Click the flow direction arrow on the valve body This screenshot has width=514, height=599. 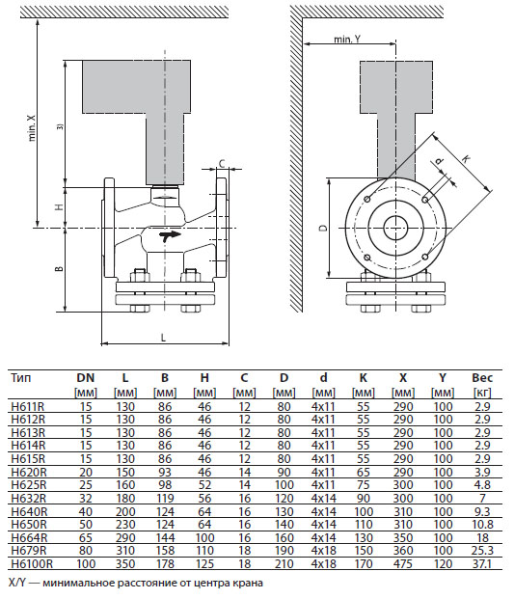pos(171,235)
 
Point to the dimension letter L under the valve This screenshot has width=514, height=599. pos(164,338)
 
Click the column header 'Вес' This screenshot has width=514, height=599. pos(482,378)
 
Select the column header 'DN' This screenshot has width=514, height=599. pos(86,378)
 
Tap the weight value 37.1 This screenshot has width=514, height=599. pos(482,562)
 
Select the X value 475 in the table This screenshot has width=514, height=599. pos(402,562)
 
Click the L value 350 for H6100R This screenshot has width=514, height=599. pos(125,562)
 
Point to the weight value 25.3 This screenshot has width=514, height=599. pos(482,550)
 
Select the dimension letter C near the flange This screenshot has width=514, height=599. pos(223,163)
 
